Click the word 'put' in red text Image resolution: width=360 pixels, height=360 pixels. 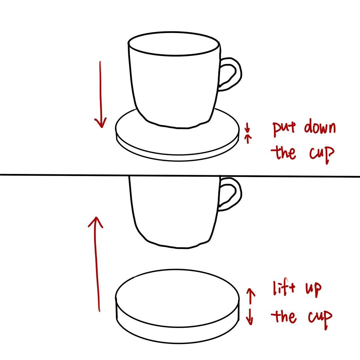point(284,129)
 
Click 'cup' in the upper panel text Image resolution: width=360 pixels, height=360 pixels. point(321,154)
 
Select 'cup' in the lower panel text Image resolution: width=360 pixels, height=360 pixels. point(320,317)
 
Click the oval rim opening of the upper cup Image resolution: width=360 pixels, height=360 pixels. point(174,44)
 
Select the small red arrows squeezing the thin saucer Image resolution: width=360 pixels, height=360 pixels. point(247,133)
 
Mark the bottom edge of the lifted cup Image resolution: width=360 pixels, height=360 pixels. point(177,247)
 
